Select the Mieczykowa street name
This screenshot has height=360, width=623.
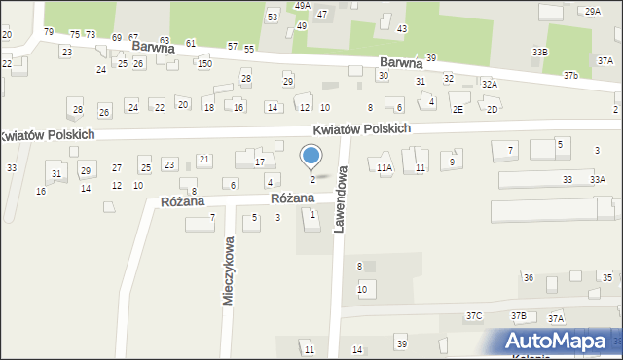pyautogui.click(x=229, y=272)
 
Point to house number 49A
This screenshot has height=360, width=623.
pyautogui.click(x=303, y=6)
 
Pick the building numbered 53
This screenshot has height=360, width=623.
pyautogui.click(x=273, y=18)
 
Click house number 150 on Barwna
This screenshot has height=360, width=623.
pyautogui.click(x=204, y=63)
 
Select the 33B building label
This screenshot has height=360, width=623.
pyautogui.click(x=539, y=52)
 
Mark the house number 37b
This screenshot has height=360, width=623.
pyautogui.click(x=570, y=75)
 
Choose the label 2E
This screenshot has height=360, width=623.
pyautogui.click(x=458, y=110)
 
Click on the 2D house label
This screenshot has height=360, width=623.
pyautogui.click(x=493, y=110)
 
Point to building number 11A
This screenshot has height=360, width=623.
pyautogui.click(x=385, y=168)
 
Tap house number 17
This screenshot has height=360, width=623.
pyautogui.click(x=260, y=162)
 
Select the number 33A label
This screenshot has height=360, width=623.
pyautogui.click(x=597, y=180)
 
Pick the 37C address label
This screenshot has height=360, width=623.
pyautogui.click(x=474, y=316)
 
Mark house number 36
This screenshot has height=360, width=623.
pyautogui.click(x=529, y=278)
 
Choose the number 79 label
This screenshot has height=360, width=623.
pyautogui.click(x=48, y=32)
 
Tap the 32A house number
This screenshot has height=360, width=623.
pyautogui.click(x=490, y=85)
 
